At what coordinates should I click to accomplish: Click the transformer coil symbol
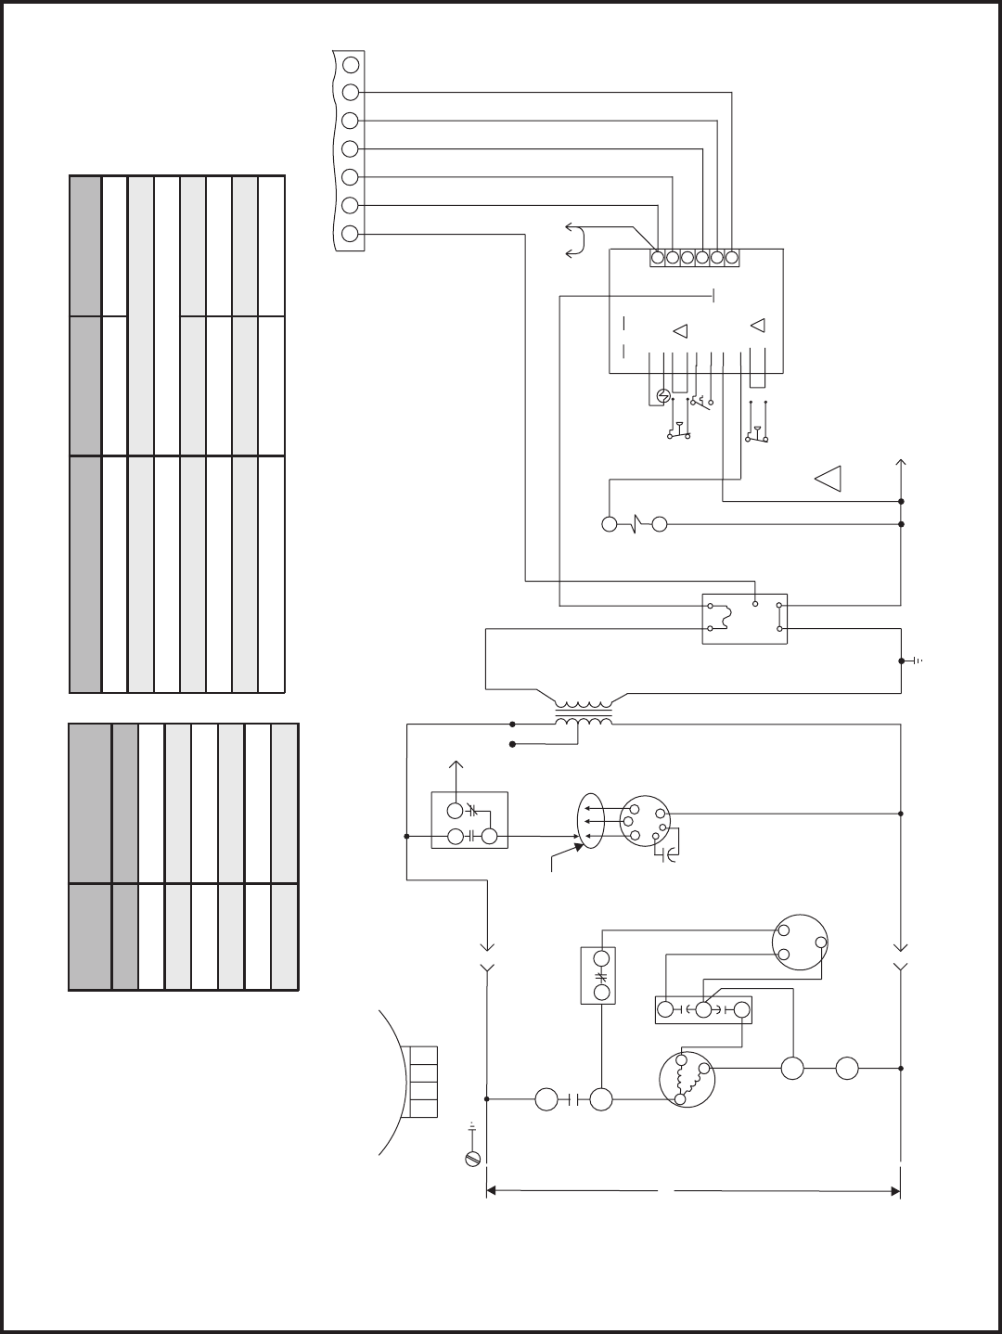584,713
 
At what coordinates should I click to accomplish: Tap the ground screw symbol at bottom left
472,1158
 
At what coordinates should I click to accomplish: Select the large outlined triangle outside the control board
828,478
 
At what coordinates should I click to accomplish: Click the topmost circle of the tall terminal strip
351,65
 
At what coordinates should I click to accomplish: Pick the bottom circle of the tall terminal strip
351,234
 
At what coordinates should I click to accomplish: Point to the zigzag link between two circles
635,524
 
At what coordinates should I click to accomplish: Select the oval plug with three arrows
591,821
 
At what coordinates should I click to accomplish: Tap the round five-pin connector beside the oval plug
644,821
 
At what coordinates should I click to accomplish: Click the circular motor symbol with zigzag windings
687,1080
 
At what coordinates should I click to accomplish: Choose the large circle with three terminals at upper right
800,943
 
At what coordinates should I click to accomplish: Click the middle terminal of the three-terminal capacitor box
703,1009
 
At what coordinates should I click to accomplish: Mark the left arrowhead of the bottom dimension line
493,1190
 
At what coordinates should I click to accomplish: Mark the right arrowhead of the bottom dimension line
895,1190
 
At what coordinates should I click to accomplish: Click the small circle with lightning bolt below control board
662,396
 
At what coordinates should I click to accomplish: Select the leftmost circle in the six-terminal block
657,258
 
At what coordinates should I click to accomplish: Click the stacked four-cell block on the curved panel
422,1082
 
